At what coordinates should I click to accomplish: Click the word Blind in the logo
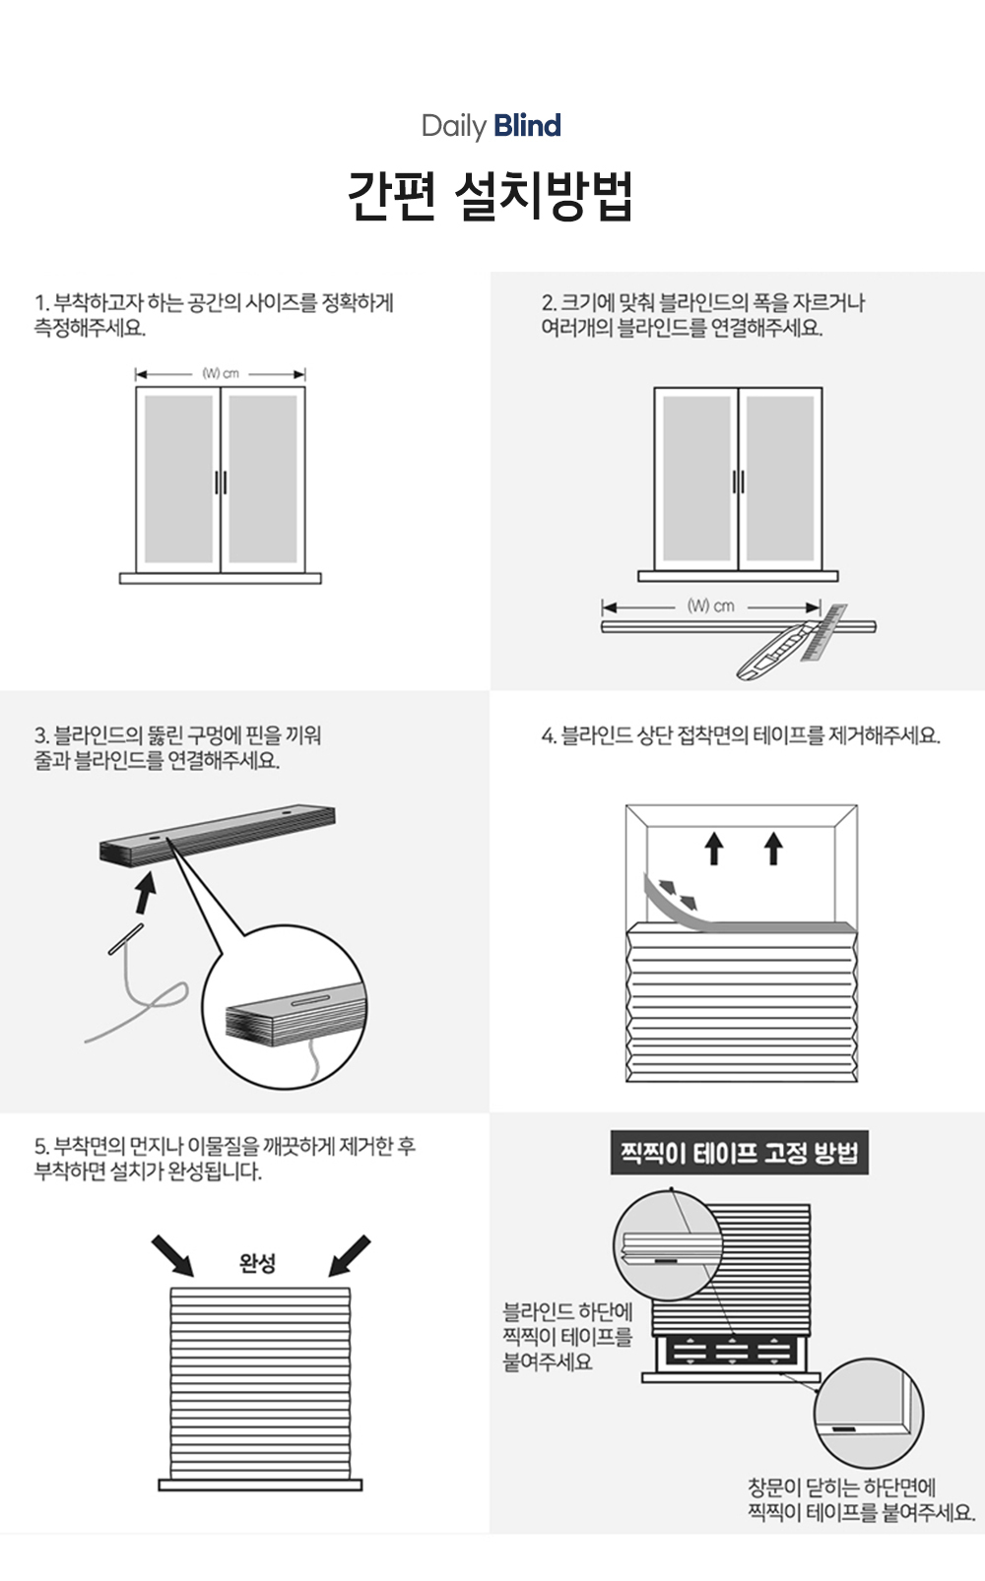coord(527,126)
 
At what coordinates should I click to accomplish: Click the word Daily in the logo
coord(454,126)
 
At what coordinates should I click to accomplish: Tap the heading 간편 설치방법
coord(491,196)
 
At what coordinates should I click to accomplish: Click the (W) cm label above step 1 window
coord(221,373)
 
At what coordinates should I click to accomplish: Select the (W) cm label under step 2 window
coord(710,605)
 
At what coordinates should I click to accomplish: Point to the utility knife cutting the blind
coord(776,650)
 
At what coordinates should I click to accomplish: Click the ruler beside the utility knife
coord(823,632)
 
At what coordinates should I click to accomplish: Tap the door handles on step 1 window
coord(221,482)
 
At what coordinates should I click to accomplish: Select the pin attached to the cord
coord(126,939)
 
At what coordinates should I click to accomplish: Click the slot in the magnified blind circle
coord(309,999)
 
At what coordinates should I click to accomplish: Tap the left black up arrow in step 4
coord(714,848)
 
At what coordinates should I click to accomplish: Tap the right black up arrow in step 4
coord(774,848)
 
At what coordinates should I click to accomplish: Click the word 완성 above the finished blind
coord(257,1263)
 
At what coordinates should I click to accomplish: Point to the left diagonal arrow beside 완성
coord(172,1255)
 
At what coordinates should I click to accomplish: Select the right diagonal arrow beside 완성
coord(350,1255)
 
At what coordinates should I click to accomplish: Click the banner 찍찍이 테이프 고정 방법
coord(740,1154)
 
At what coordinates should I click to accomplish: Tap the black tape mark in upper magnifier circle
coord(666,1259)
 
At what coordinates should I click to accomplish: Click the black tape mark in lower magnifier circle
coord(844,1428)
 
